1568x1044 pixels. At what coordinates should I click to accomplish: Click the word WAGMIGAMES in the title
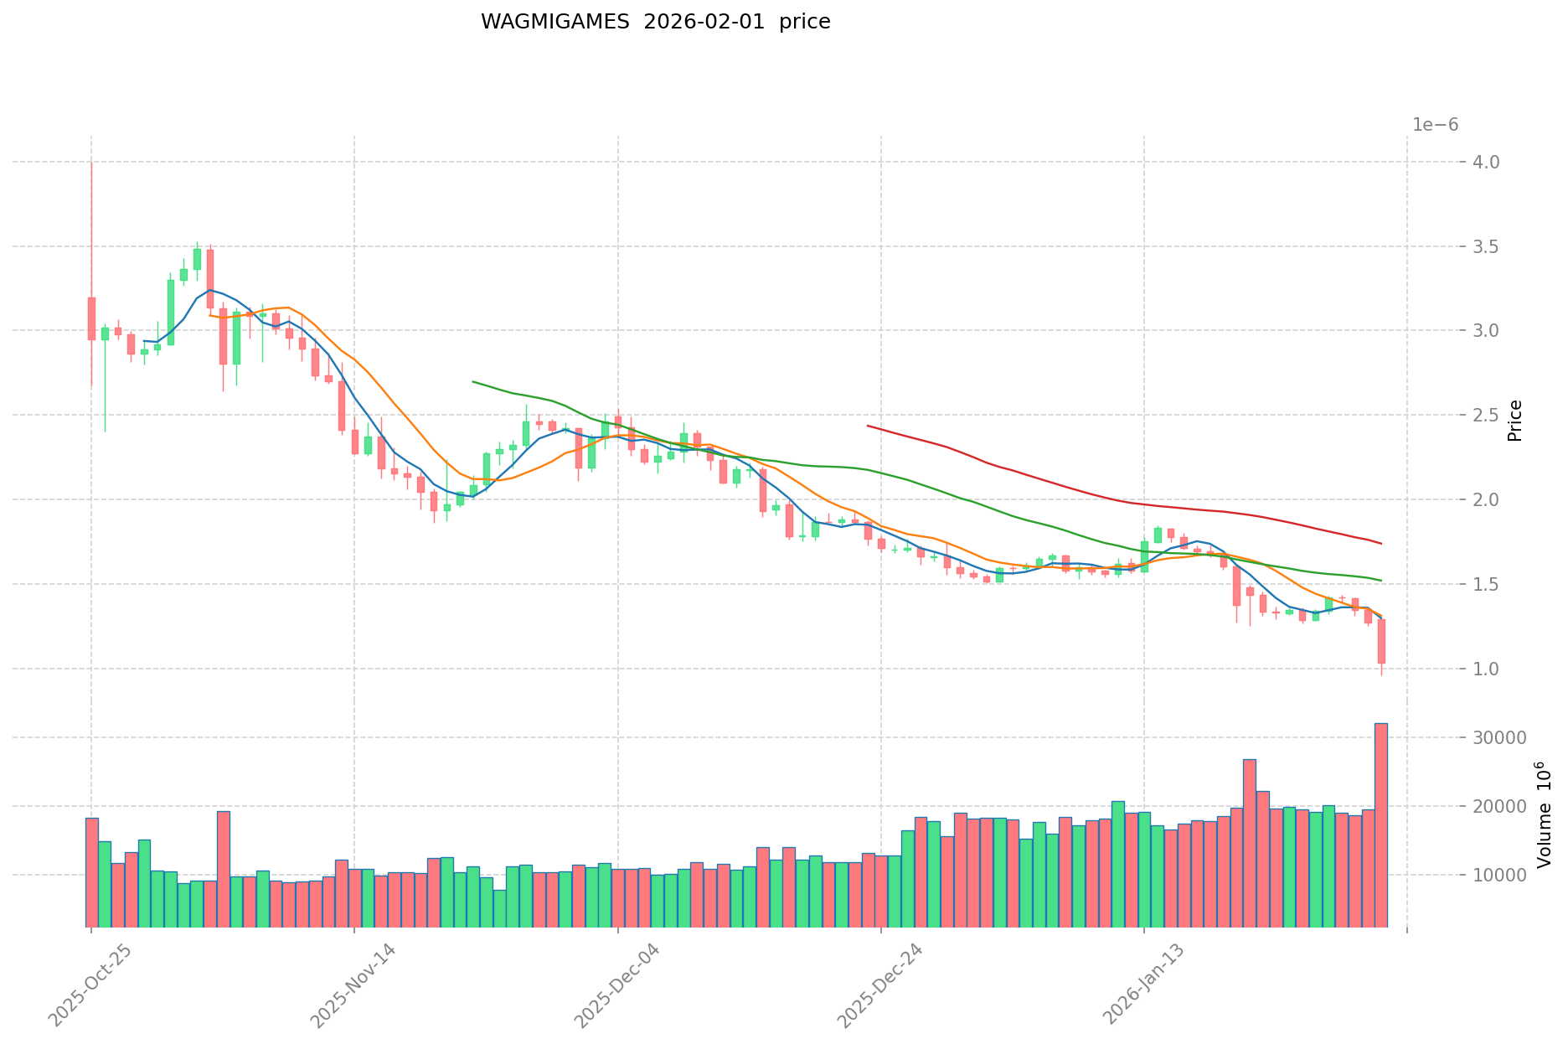pos(554,23)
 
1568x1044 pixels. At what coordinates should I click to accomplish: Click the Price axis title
pos(1514,421)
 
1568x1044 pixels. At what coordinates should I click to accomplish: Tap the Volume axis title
pos(1545,814)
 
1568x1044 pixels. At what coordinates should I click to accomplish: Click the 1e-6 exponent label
pos(1435,125)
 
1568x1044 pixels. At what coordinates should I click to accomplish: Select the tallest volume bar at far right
pos(1380,825)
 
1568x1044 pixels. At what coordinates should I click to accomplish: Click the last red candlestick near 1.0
pos(1381,642)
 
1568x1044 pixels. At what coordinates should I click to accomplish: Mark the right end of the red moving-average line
pos(1381,544)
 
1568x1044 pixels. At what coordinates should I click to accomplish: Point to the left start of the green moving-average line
pos(473,381)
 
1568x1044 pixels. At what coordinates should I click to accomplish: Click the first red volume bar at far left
pos(92,872)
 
